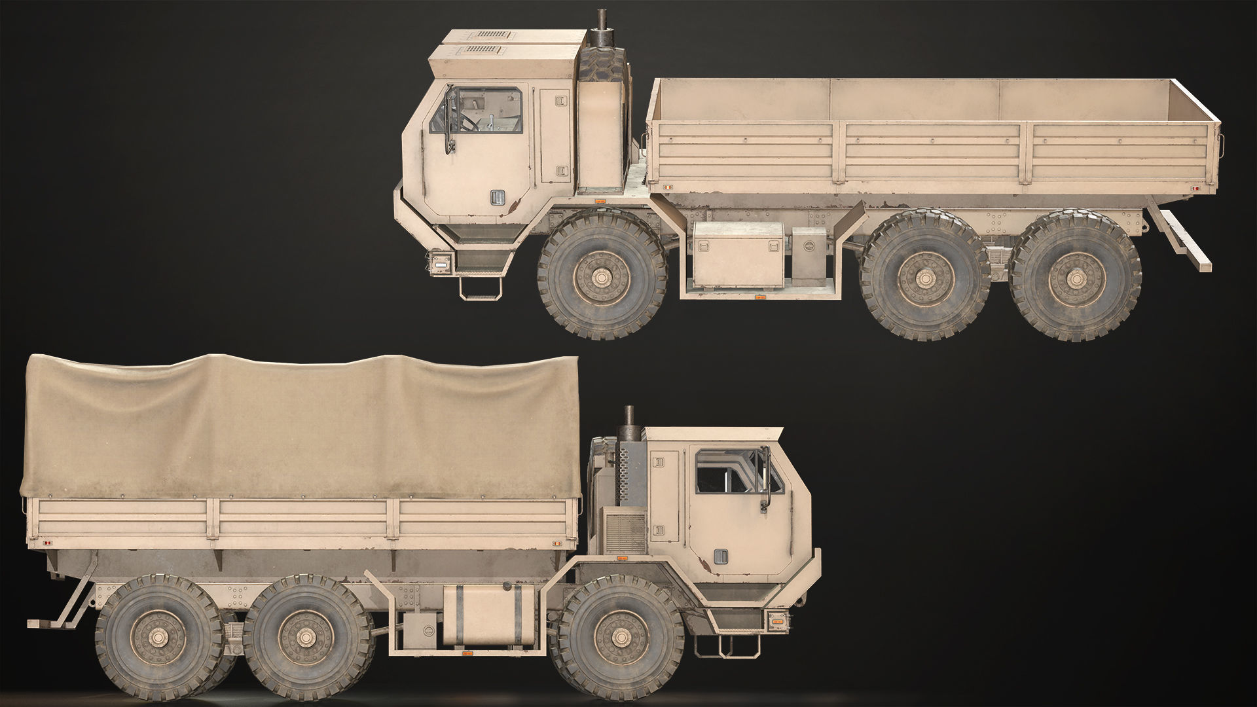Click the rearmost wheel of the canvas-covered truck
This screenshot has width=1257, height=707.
tap(159, 636)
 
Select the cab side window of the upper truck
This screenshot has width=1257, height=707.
tap(477, 111)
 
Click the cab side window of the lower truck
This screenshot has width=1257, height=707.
tap(738, 471)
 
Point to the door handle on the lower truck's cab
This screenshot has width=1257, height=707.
tap(720, 556)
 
